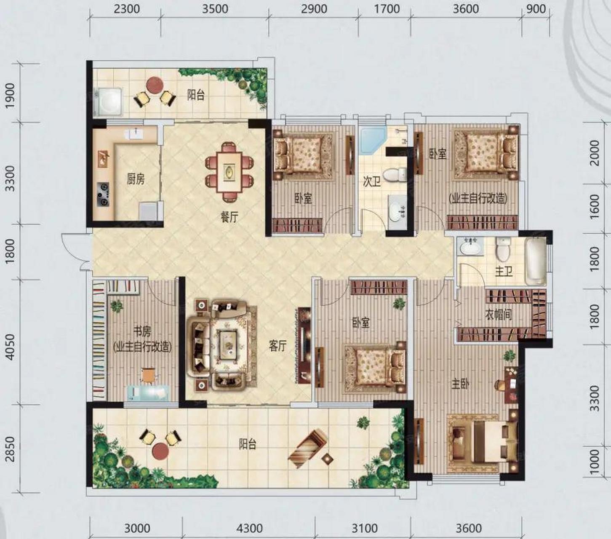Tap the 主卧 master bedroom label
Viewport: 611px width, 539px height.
coord(460,384)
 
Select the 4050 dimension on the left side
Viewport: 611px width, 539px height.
coord(10,347)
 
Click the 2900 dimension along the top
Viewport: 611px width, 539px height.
coord(314,9)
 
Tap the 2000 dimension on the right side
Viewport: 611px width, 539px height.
coord(595,153)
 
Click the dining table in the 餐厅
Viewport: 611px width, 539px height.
coord(229,172)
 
